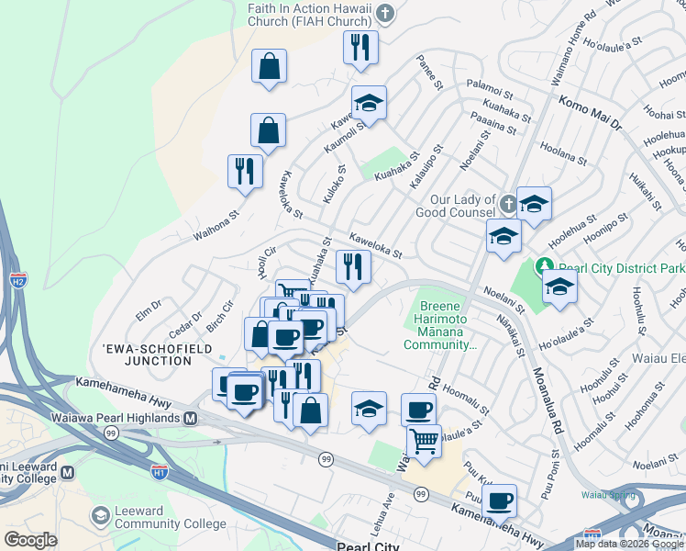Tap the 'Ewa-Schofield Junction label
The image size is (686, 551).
click(x=160, y=355)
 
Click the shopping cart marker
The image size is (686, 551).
click(x=423, y=441)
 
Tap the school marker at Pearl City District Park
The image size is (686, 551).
click(x=559, y=287)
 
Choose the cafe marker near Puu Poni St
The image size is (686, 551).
click(x=499, y=500)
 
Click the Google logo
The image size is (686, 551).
click(x=30, y=540)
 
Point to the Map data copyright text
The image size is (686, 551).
click(x=629, y=544)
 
